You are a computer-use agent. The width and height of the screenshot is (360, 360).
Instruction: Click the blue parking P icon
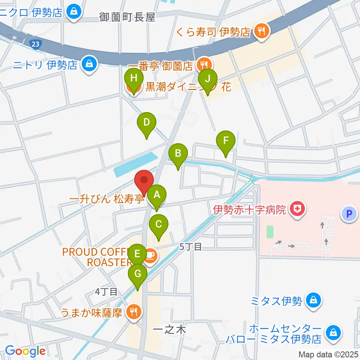click(349, 214)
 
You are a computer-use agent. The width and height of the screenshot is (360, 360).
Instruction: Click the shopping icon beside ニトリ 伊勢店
click(89, 65)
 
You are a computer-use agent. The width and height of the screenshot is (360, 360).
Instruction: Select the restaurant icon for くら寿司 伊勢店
click(261, 32)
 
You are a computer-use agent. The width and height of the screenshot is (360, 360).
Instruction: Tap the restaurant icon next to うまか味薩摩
click(133, 311)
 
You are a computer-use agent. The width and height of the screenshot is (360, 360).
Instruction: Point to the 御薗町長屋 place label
click(127, 17)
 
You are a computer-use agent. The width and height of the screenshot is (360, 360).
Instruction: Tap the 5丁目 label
click(190, 246)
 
